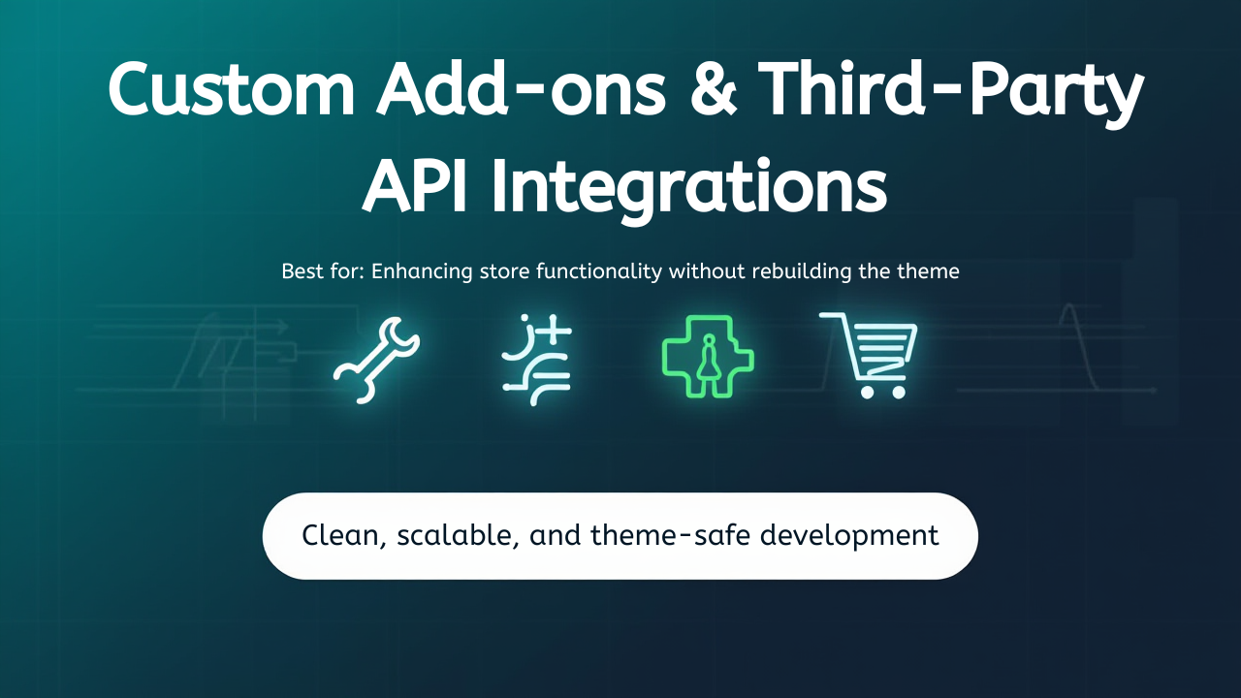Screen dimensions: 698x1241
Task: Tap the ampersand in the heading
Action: click(x=714, y=90)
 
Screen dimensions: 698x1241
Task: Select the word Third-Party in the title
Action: click(x=950, y=92)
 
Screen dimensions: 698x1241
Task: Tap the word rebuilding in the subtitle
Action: click(x=801, y=271)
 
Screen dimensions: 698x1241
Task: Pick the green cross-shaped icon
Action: click(x=708, y=357)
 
